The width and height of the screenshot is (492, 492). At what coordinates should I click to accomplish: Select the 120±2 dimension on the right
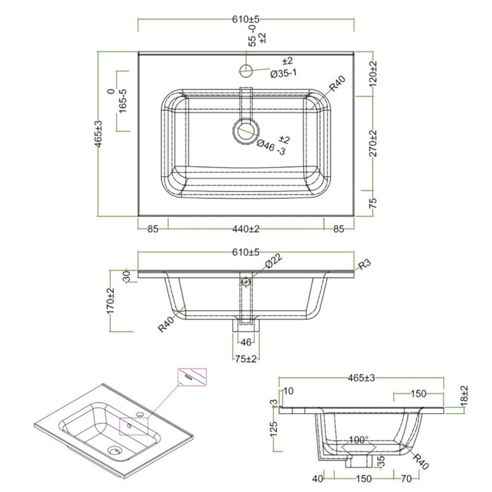373,74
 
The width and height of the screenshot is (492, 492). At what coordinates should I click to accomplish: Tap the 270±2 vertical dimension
373,143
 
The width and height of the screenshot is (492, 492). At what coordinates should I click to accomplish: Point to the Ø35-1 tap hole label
286,72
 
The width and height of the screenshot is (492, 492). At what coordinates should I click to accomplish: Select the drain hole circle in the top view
245,129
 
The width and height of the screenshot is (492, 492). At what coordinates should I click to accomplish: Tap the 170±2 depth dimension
110,301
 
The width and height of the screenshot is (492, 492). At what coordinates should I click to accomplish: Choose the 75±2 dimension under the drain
245,358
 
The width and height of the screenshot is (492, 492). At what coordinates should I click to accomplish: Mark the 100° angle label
358,440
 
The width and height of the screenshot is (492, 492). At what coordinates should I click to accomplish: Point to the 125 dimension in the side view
273,428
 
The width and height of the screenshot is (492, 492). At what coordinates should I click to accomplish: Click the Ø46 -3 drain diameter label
271,146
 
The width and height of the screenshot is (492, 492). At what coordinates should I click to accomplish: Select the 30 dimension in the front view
127,276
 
